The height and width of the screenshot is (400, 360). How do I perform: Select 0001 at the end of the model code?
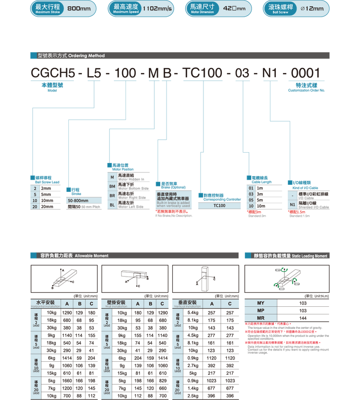point(306,73)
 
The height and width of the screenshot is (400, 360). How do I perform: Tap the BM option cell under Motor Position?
point(112,187)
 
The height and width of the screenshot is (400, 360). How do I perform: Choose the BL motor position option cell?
point(112,205)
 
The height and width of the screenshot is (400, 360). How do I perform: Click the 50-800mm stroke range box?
point(84,200)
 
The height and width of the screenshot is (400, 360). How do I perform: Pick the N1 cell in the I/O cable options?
point(292,204)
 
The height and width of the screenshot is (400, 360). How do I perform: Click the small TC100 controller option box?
point(220,205)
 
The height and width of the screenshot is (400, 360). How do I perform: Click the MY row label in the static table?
point(261,303)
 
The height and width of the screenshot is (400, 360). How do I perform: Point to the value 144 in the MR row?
point(303,318)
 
